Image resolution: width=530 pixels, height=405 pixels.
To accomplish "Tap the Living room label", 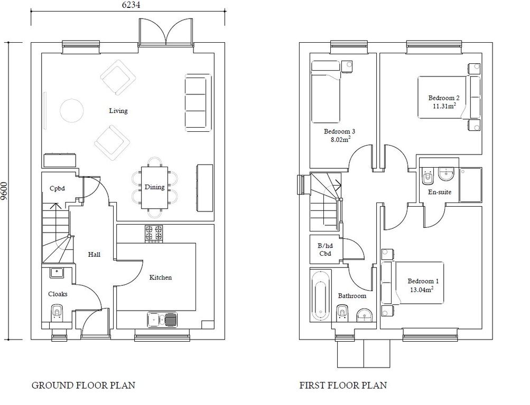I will tap(118, 111).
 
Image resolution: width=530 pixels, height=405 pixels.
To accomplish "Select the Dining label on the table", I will tap(154, 187).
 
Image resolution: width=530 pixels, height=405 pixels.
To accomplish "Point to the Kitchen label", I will tap(161, 277).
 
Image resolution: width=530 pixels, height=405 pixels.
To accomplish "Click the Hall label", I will tap(94, 255).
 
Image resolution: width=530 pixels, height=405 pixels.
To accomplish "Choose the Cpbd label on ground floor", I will tap(57, 188).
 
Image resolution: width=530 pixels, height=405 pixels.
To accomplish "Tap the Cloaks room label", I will tap(58, 294).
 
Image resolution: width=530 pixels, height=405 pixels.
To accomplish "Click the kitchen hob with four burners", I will tap(154, 234).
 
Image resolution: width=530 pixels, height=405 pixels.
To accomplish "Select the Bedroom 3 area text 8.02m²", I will tap(340, 140).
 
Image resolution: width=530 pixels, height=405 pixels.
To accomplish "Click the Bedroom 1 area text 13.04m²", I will tap(422, 290).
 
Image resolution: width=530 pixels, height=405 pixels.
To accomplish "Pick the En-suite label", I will tap(439, 192).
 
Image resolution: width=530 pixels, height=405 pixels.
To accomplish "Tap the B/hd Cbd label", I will tap(324, 249).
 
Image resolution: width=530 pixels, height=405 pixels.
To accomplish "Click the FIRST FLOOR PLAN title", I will tap(342, 385).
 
